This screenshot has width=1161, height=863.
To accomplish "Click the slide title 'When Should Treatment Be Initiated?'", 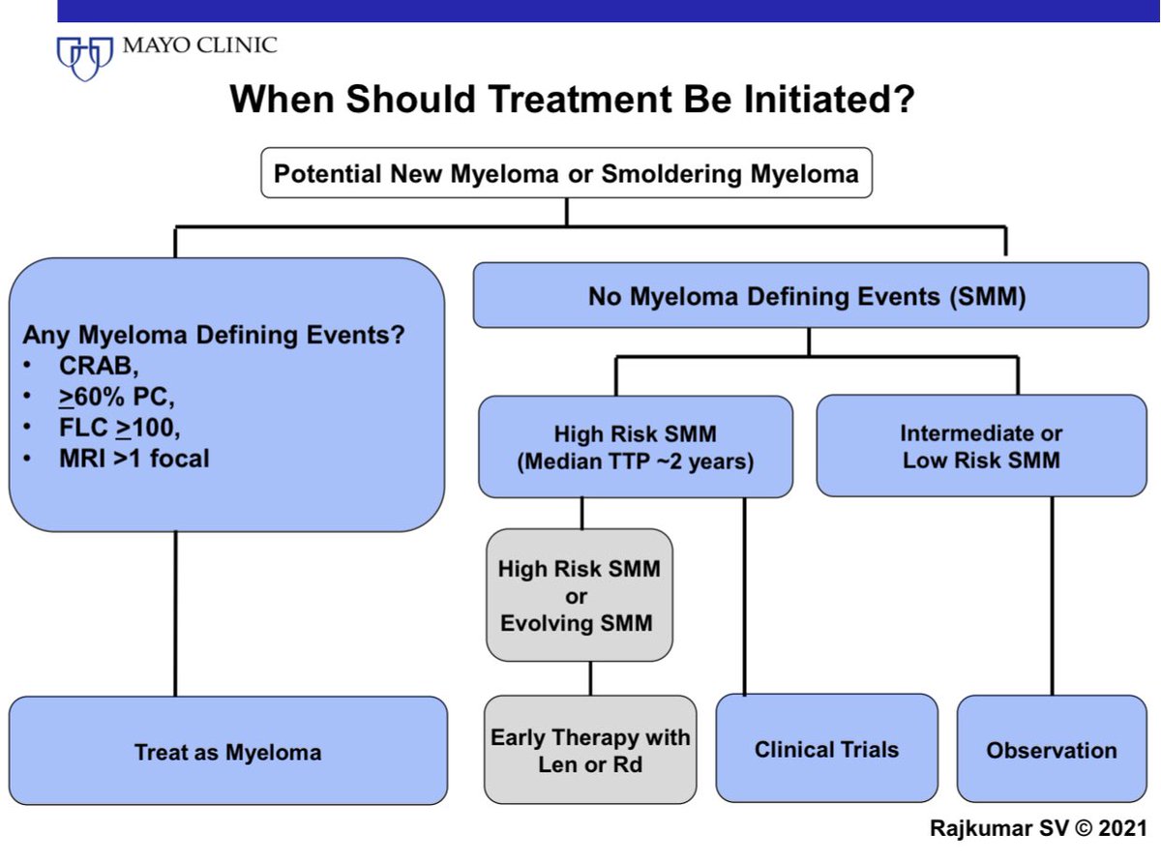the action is tap(572, 99).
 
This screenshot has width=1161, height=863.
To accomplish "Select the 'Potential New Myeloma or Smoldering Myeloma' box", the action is tap(566, 173).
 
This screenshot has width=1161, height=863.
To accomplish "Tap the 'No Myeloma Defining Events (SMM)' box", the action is tap(811, 295).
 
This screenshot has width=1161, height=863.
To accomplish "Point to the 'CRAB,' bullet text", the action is tap(99, 366).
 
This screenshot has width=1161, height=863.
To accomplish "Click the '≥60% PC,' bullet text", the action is tap(116, 397).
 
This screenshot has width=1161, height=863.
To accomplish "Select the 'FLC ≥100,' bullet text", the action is tap(119, 428).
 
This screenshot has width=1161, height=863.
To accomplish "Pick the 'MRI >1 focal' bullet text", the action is tap(134, 459).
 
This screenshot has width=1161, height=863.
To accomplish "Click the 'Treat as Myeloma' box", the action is tap(228, 751).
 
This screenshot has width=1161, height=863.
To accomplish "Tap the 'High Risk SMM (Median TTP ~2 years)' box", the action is tap(636, 447).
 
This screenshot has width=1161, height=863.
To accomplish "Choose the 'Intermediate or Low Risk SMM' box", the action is tap(981, 446).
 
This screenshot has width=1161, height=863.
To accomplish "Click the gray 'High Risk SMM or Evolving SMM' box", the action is tap(580, 595).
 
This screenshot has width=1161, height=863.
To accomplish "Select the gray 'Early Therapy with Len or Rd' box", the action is tap(590, 750).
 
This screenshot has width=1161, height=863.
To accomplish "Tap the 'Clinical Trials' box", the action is tap(827, 749).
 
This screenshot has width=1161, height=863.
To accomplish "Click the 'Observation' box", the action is tap(1052, 750).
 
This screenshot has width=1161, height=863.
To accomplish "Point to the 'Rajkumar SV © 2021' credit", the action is tap(1038, 828).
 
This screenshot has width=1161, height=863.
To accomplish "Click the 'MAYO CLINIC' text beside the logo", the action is tap(200, 45).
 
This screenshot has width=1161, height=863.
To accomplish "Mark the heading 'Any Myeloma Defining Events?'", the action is tap(214, 335).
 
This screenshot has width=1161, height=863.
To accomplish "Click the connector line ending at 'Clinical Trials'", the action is tap(745, 596).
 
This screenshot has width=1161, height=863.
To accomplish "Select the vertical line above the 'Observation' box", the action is tap(1053, 596).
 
